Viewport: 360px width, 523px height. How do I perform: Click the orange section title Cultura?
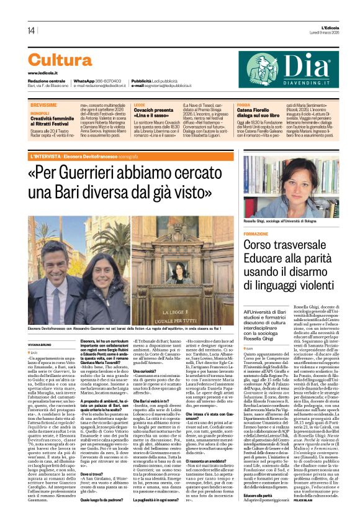60,60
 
